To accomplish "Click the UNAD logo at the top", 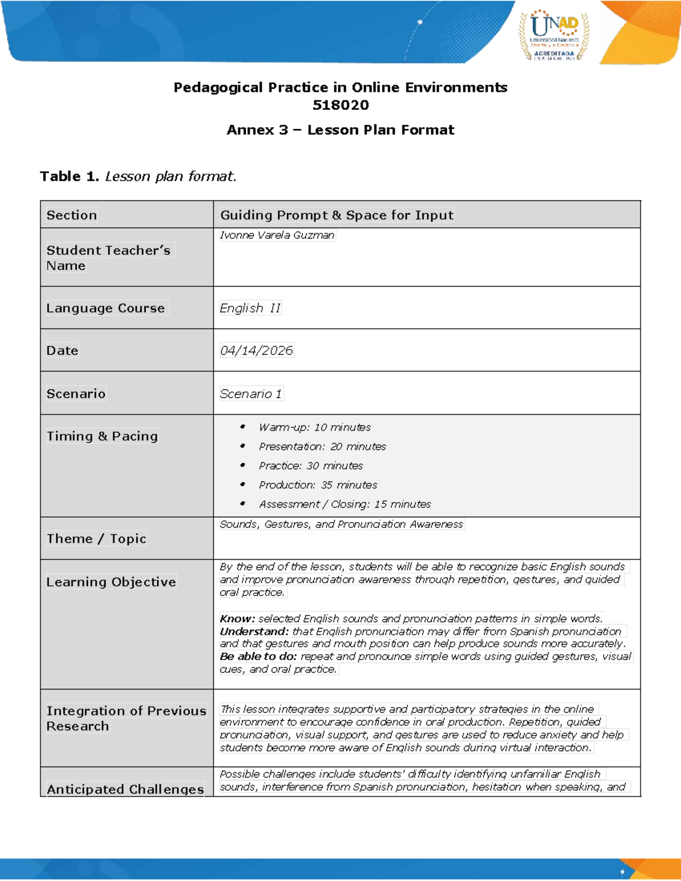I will coord(554,35).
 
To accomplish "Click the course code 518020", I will coord(340,105).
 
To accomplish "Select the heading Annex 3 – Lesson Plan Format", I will coord(340,130).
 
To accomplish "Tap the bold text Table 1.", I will coord(69,176).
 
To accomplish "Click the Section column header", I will coord(72,215).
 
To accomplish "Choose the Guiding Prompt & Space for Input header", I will coord(337,215).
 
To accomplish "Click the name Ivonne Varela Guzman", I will coord(277,235).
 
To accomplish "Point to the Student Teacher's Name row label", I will coord(108,258).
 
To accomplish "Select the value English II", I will coord(250,308).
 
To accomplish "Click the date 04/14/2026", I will coord(257,351).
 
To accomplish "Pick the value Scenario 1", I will coord(251,394).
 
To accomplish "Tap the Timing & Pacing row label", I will coord(102,436).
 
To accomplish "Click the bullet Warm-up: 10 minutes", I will coord(314,427).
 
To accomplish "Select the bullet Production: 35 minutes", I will coord(318,485).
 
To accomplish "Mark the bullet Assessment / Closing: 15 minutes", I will coord(344,504).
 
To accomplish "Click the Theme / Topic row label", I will coord(96,538).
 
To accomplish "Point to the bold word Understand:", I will coord(254,631).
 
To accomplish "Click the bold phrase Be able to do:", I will coord(258,656).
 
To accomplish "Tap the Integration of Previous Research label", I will coord(126,718).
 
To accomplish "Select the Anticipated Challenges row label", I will coord(125,789).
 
